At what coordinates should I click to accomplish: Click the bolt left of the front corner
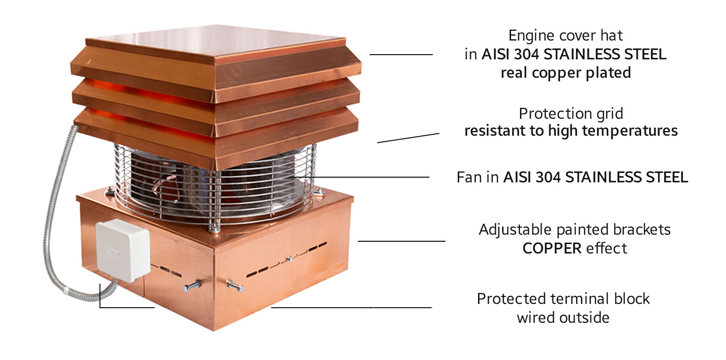click(192, 286)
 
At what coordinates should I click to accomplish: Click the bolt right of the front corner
click(235, 286)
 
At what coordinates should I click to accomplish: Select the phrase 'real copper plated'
click(566, 73)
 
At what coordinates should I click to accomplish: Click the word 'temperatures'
click(630, 131)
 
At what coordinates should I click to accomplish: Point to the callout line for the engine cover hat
click(401, 55)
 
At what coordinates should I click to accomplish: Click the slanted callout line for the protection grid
click(408, 138)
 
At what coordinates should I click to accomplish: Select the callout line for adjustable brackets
click(402, 241)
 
